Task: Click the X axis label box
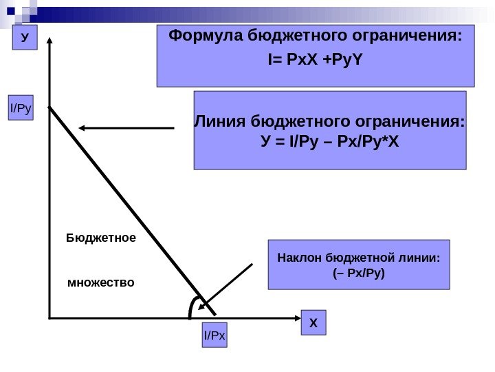coord(313,322)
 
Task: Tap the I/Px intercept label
coord(214,336)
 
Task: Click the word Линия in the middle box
coord(221,123)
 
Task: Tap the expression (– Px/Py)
coord(357,273)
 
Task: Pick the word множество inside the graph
coord(101,282)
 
